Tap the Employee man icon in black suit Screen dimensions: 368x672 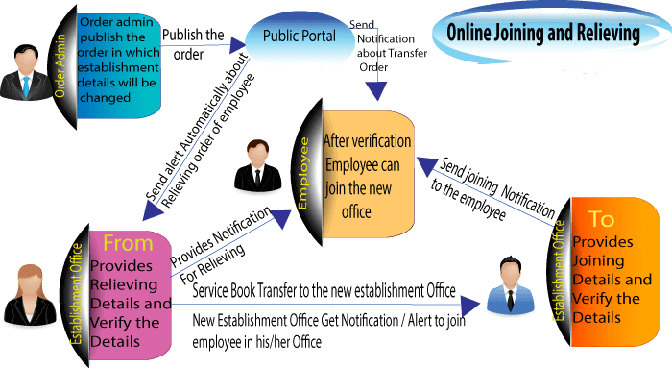255,164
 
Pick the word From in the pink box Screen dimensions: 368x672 127,243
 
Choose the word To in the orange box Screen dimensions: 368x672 601,218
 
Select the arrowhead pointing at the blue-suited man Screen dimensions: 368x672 471,306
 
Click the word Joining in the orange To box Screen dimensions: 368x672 598,260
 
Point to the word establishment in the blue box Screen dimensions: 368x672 118,68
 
